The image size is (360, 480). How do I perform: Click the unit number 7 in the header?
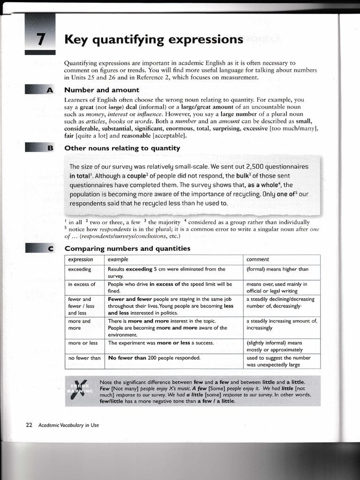pos(40,39)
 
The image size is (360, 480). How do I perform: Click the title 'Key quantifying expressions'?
pos(154,39)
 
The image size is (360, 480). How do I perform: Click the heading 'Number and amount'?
pos(101,90)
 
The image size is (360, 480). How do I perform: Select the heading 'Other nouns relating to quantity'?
pos(122,148)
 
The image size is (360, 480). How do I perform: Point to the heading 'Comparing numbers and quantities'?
pos(127,248)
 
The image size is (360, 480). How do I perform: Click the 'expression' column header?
pos(80,259)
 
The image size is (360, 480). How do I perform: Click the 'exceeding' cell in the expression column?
pos(79,269)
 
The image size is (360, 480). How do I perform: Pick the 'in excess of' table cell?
pos(82,284)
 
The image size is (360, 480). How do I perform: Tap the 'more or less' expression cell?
pos(82,343)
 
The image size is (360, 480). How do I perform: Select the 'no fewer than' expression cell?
pos(84,358)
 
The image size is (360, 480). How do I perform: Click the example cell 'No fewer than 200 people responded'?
pos(154,358)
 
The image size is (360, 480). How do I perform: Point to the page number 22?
pos(29,425)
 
